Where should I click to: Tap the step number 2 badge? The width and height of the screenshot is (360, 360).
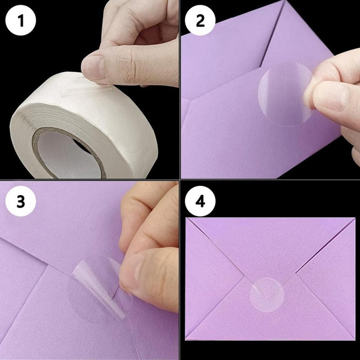point(201,21)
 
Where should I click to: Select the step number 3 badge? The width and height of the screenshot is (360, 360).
point(21,202)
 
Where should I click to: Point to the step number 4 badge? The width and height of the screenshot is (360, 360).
point(201,202)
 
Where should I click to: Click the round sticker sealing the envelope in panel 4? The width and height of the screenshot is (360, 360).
point(267,294)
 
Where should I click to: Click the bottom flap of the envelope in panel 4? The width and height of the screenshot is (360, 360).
point(268,324)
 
